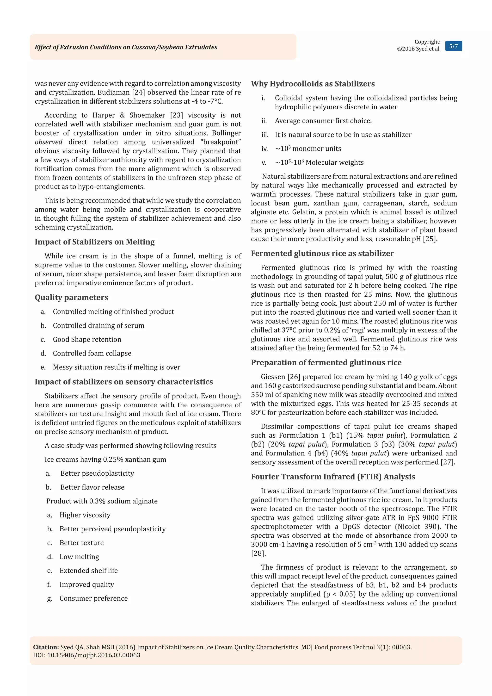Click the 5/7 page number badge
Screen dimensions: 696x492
coord(453,46)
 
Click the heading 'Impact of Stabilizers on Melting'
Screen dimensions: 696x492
coord(94,242)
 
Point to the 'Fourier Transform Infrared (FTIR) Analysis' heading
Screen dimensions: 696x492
coord(333,477)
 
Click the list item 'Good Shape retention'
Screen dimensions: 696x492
coord(87,340)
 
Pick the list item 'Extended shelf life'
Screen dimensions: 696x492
coord(88,571)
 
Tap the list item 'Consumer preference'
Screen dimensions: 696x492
coord(93,598)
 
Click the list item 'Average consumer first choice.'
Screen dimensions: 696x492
coord(323,121)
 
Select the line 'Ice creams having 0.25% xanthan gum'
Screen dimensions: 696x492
coord(105,460)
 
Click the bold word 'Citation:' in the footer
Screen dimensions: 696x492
coord(46,647)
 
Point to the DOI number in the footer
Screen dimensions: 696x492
coord(94,655)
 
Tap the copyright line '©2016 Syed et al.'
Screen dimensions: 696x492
coord(418,49)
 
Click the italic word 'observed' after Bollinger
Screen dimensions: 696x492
coord(49,142)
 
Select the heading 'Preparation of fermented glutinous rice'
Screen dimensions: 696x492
coord(326,363)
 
